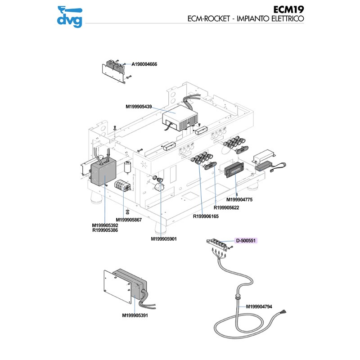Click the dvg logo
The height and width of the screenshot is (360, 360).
pos(70,16)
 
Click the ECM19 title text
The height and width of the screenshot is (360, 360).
pos(288,9)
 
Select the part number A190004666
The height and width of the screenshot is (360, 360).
pos(144,64)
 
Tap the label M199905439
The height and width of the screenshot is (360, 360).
pos(139,107)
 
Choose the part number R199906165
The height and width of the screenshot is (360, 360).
pos(206,216)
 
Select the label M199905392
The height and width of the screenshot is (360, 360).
pos(105,225)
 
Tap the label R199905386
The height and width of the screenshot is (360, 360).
pos(105,230)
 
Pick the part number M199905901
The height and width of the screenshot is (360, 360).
pos(164,238)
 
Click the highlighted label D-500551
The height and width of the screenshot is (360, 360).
pos(246,241)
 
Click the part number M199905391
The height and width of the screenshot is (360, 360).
pos(135,315)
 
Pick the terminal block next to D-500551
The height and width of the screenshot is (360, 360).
pos(218,243)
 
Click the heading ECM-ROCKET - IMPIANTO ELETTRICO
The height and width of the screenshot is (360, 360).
pos(246,19)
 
